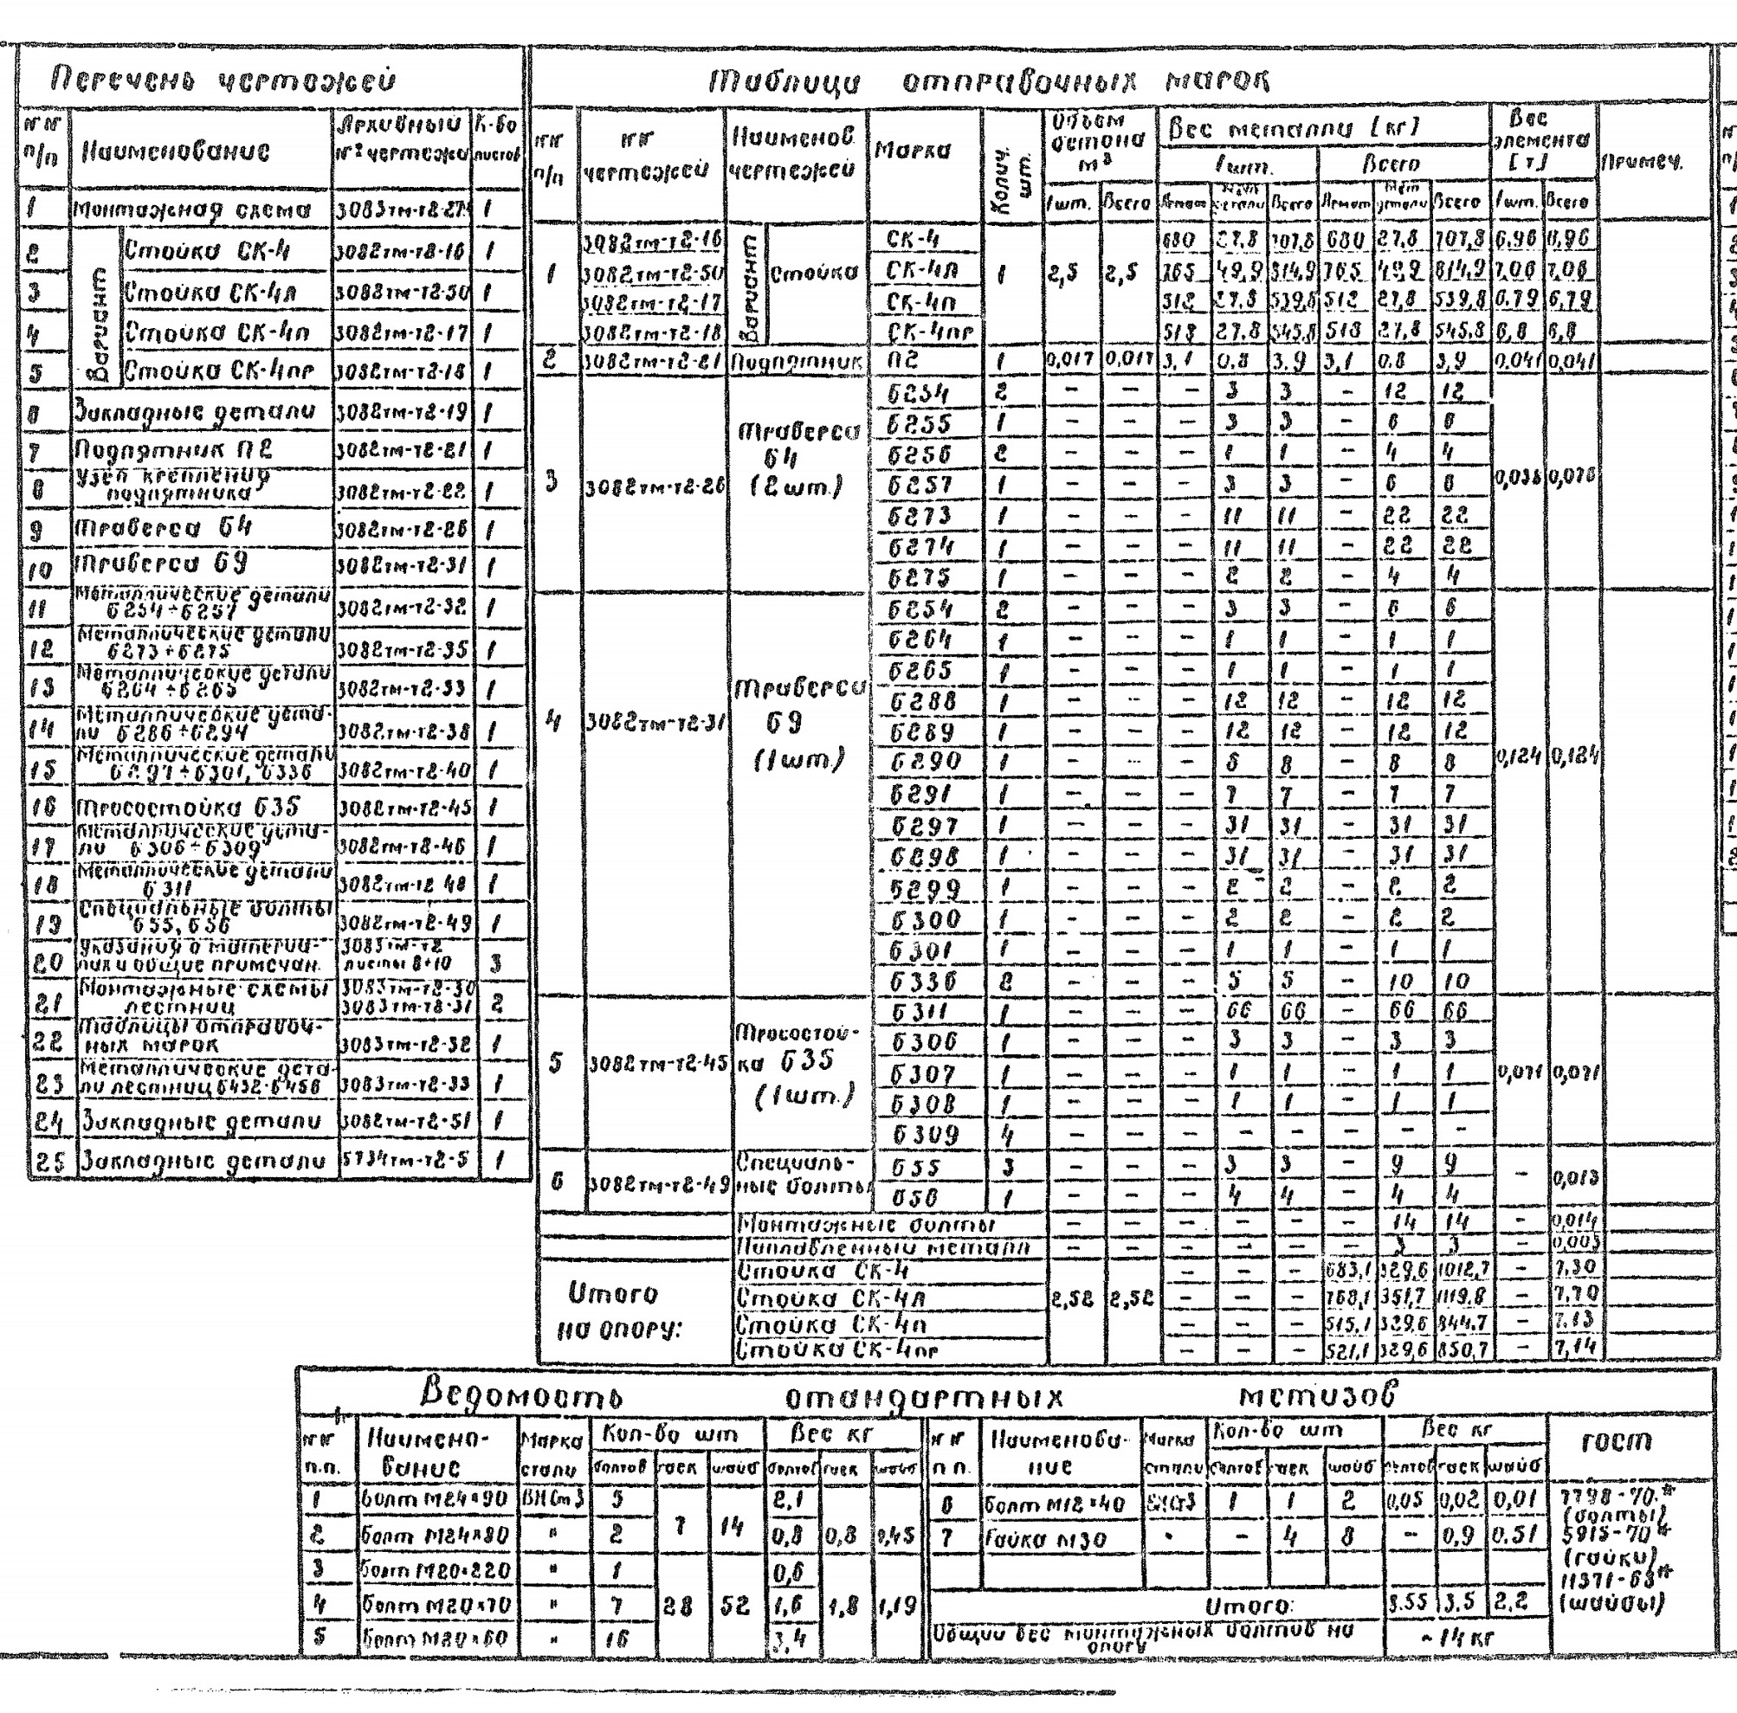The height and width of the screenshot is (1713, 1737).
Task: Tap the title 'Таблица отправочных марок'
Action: [x=989, y=83]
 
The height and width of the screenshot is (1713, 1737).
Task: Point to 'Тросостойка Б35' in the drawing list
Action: [x=187, y=806]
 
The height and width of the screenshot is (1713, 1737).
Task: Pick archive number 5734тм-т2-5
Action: [x=406, y=1160]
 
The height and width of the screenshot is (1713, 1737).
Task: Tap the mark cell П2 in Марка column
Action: [x=903, y=361]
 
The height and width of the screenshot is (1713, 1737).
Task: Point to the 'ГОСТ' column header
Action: [x=1627, y=1441]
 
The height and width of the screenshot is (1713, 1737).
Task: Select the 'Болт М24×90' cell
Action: [x=436, y=1499]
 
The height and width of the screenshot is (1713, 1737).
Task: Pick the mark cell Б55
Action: [x=915, y=1168]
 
